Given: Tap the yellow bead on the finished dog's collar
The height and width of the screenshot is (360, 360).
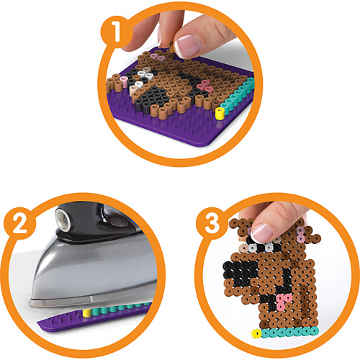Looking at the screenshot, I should click(x=254, y=333).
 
